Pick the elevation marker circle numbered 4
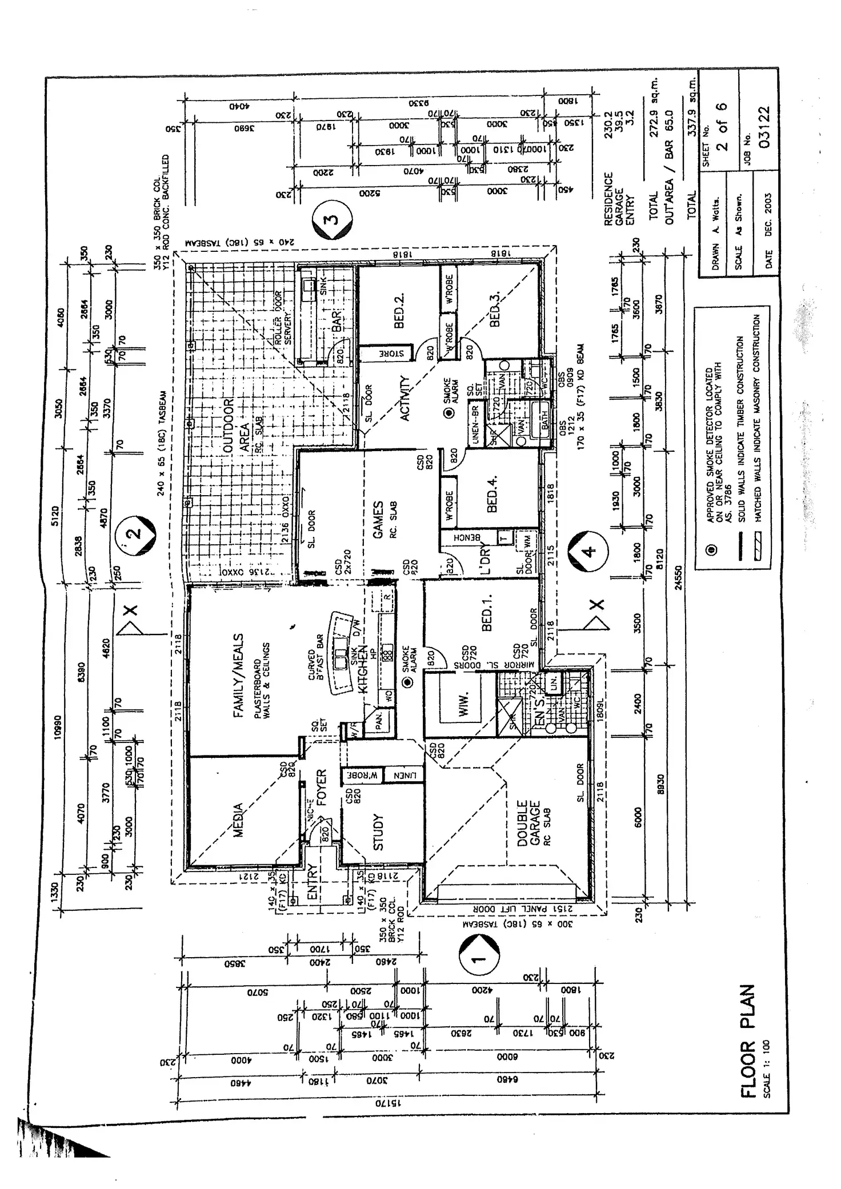coord(589,551)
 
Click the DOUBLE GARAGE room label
coord(528,822)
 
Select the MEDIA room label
coord(238,820)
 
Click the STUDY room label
coord(378,832)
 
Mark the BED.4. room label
coord(492,493)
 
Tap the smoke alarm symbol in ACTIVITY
coord(450,413)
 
